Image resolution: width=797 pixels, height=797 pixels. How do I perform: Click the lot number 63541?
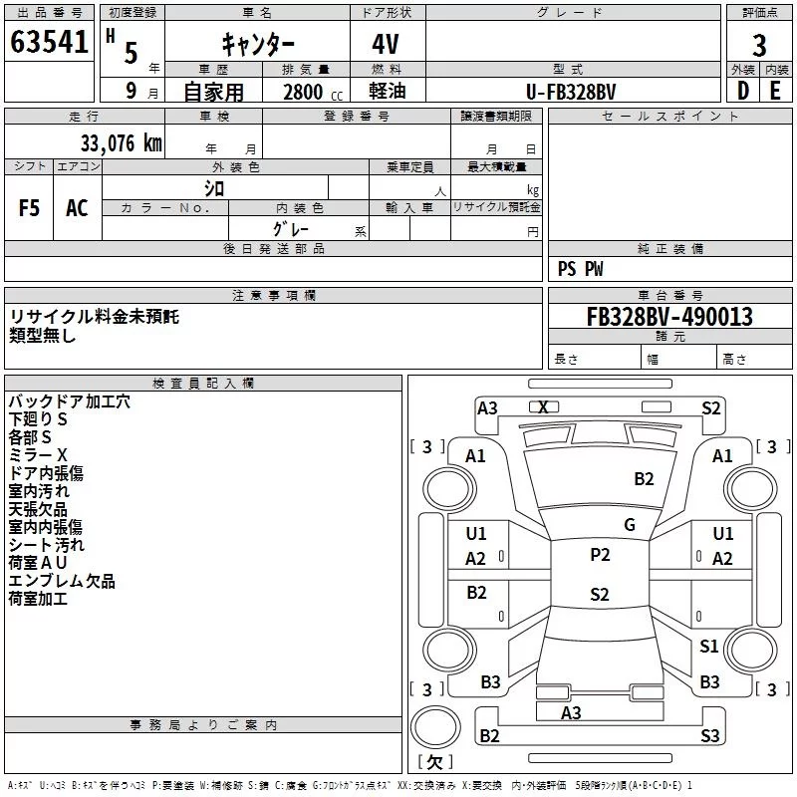49,42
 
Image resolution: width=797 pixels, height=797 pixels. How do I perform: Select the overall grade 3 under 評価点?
759,45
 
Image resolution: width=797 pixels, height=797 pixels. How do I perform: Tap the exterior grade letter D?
743,91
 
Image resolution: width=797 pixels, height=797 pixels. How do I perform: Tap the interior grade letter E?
775,91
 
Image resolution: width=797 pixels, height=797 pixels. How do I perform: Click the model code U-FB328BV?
571,92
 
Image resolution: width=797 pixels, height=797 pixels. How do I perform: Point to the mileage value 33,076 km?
121,143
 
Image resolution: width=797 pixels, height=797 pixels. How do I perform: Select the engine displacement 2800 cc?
313,92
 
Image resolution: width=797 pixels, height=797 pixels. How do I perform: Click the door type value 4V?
386,44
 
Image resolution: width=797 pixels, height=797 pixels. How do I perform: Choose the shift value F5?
29,208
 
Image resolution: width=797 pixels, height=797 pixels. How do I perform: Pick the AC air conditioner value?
77,208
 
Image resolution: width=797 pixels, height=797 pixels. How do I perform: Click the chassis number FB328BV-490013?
669,317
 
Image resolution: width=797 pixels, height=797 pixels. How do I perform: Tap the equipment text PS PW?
581,269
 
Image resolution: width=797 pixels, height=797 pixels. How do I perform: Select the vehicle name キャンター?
258,44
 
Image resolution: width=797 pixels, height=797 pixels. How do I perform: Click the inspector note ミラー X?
38,455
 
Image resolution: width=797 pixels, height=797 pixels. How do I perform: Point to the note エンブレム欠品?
62,581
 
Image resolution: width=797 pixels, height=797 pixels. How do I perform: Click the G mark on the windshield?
630,525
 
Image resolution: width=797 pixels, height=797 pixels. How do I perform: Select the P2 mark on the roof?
600,555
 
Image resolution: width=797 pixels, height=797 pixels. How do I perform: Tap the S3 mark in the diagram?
709,735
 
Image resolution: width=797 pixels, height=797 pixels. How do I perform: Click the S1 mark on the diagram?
708,646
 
